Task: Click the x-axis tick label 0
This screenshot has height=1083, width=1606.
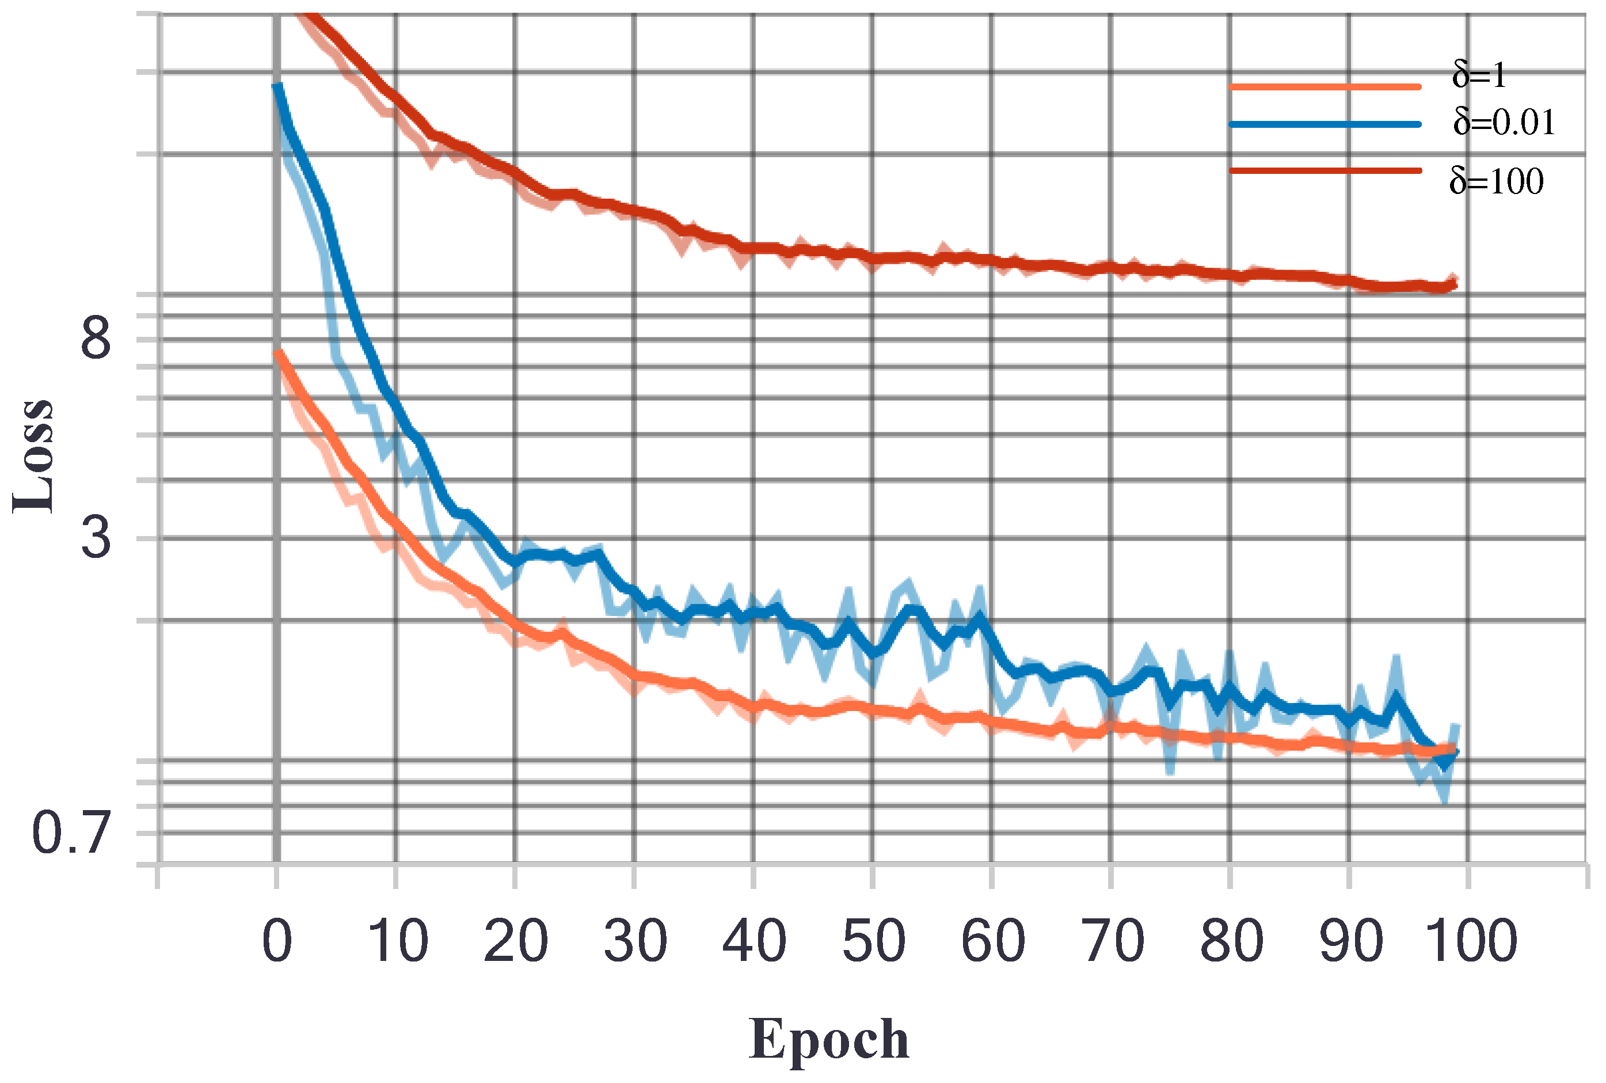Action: (277, 941)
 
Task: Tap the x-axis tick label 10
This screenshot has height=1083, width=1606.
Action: (397, 941)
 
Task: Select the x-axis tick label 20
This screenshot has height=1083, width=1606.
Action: (516, 941)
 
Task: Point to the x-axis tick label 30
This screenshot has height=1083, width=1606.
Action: (635, 941)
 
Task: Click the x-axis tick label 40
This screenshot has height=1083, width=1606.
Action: (754, 941)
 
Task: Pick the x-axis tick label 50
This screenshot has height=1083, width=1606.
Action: (873, 941)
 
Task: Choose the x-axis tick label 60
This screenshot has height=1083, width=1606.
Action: (993, 941)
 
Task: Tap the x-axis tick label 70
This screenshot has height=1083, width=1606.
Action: (1112, 941)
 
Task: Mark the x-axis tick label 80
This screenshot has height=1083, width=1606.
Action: (1232, 941)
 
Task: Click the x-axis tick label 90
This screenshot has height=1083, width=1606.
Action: (1350, 941)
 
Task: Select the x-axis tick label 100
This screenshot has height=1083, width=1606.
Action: (1471, 941)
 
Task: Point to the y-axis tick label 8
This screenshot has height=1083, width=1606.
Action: (96, 338)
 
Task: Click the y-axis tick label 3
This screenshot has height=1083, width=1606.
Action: (96, 537)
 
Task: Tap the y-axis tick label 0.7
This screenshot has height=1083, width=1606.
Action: (71, 833)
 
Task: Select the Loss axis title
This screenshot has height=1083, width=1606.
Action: (33, 456)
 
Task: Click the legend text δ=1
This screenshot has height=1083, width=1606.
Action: (1479, 75)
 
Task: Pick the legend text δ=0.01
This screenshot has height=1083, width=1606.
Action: (1504, 123)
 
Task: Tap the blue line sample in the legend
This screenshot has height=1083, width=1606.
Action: (1325, 124)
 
